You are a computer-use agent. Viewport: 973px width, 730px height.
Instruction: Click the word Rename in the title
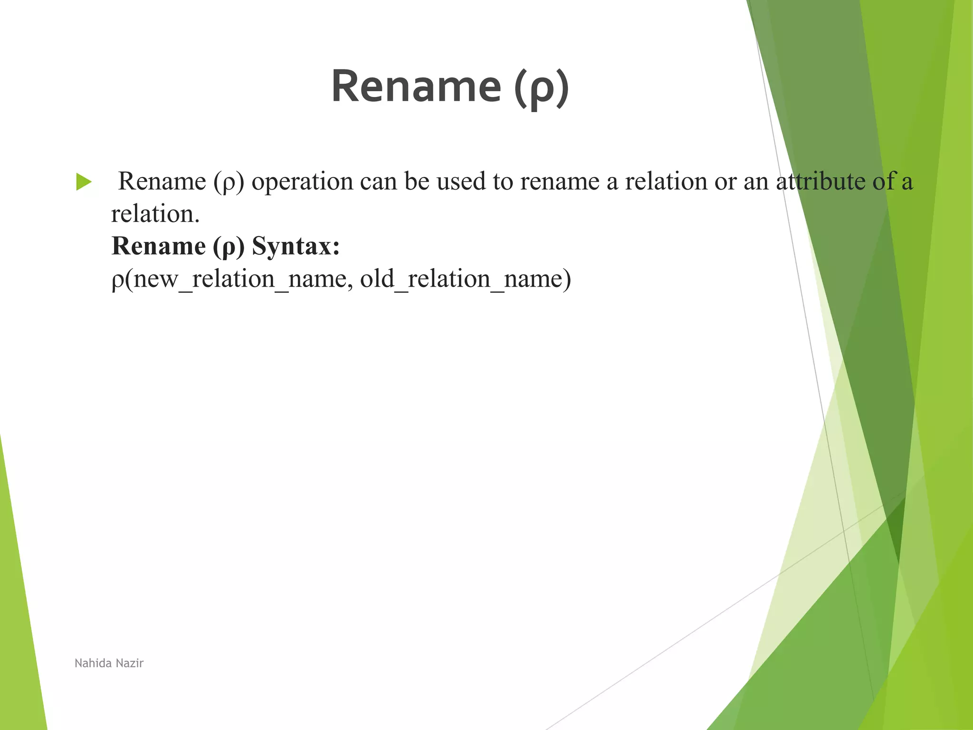(416, 86)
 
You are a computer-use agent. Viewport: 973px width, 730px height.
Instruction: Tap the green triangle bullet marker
(84, 182)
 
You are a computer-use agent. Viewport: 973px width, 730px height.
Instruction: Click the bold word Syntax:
(296, 246)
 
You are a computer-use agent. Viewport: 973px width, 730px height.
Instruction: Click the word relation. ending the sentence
(155, 214)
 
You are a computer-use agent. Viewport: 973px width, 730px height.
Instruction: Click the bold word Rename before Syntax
(158, 246)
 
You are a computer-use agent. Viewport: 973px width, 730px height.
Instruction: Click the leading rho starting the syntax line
(117, 280)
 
